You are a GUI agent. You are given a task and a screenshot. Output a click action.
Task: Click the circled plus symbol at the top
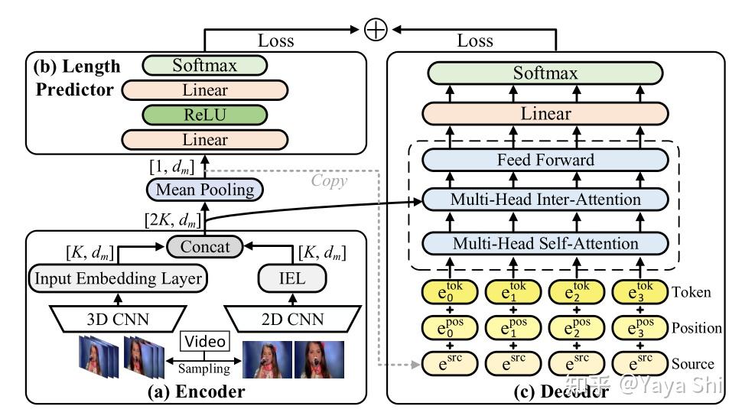[x=376, y=29]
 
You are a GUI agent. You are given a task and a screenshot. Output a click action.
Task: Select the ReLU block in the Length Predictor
[x=205, y=115]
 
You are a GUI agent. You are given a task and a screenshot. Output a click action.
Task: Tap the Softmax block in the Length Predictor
[x=205, y=65]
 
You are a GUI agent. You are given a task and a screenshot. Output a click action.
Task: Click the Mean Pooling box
[x=205, y=190]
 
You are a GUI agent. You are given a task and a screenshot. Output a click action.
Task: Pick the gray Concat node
[x=205, y=246]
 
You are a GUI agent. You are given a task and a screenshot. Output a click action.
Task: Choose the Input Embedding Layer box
[x=119, y=278]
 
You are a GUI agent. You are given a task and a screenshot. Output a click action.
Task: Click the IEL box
[x=292, y=278]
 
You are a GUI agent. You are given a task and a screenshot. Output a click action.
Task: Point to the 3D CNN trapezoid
[x=118, y=319]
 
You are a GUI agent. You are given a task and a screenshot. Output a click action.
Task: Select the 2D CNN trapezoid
[x=292, y=319]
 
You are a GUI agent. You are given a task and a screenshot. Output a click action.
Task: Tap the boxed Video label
[x=205, y=341]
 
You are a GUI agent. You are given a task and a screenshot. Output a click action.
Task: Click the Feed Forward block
[x=545, y=160]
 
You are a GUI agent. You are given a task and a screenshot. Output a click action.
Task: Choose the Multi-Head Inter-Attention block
[x=545, y=200]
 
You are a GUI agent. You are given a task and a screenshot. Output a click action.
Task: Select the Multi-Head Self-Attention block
[x=545, y=244]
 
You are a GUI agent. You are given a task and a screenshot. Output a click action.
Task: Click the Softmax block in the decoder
[x=545, y=73]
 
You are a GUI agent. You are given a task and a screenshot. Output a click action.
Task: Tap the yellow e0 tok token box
[x=450, y=292]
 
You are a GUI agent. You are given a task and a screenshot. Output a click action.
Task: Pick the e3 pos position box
[x=639, y=328]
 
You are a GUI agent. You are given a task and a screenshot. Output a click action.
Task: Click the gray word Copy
[x=329, y=180]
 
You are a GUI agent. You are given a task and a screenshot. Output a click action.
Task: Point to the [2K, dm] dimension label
[x=173, y=220]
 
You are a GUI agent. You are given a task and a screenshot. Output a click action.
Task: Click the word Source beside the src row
[x=693, y=364]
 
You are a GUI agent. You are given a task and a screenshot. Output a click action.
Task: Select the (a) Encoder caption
[x=196, y=391]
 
